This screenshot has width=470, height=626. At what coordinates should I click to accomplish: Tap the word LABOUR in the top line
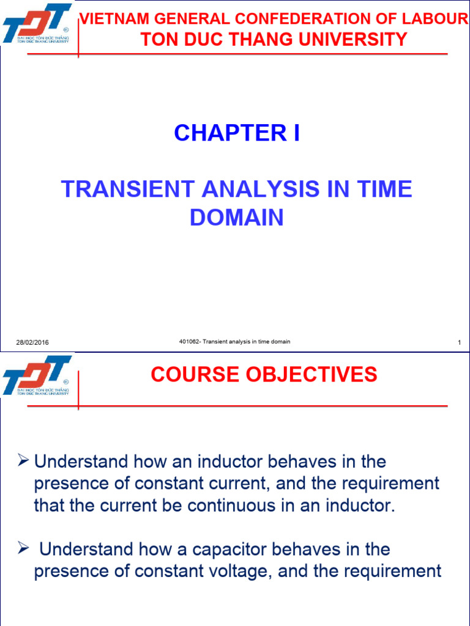444,20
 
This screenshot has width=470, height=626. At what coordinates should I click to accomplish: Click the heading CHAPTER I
237,133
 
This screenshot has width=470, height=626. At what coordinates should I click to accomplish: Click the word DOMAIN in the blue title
237,218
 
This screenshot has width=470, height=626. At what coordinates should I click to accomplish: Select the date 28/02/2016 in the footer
32,342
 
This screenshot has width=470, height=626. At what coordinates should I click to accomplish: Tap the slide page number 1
458,342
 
